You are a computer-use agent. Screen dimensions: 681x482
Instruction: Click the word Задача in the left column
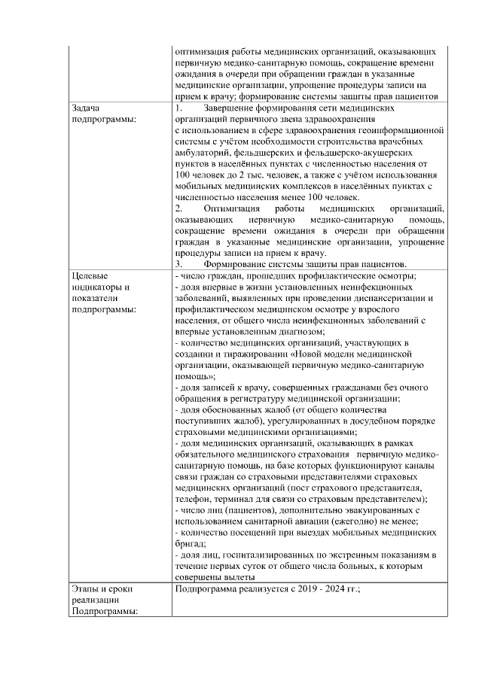coord(86,108)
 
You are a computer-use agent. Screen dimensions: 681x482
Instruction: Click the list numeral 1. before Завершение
coord(178,108)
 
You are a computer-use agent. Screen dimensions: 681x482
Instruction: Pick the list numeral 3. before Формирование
coord(178,265)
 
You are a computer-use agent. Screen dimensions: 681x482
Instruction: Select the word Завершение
coord(237,108)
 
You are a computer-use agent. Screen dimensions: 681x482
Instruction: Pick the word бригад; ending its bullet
coord(190,544)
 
